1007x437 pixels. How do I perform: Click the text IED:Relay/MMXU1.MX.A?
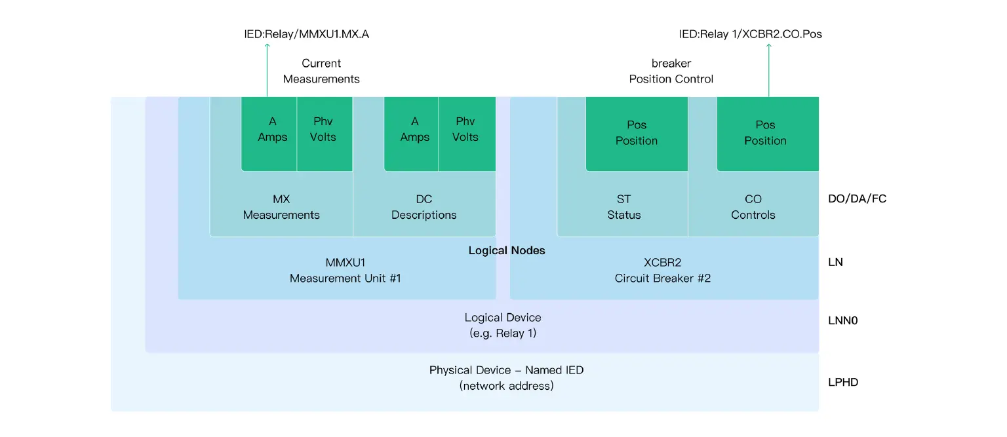306,34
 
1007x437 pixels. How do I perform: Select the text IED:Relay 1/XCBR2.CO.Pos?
750,34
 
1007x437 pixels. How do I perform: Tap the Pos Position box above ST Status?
636,133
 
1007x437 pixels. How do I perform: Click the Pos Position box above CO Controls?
765,133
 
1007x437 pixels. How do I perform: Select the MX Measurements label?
281,207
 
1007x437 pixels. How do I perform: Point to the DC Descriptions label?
424,207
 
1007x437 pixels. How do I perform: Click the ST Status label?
623,207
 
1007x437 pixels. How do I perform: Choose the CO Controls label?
753,207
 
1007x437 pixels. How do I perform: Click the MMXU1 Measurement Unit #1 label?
345,271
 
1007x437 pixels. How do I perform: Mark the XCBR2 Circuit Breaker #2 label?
662,271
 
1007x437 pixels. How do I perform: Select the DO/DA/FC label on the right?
857,199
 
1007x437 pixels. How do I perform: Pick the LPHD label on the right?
843,382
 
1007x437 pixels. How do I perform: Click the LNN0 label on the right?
842,321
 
